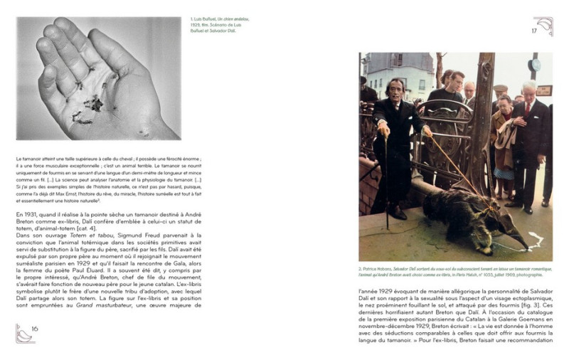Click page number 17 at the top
[533, 31]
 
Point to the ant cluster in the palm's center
[90, 107]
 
